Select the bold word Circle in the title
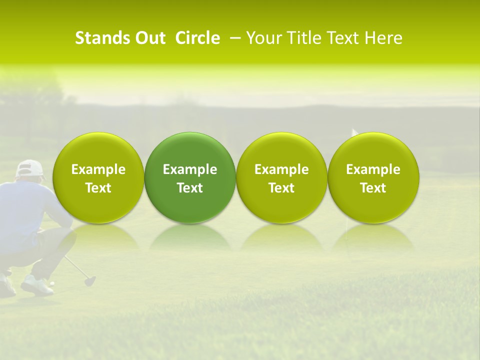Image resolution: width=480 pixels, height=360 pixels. pyautogui.click(x=197, y=38)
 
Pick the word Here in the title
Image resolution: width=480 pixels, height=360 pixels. pyautogui.click(x=382, y=38)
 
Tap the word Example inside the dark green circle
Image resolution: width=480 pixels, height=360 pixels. pyautogui.click(x=190, y=169)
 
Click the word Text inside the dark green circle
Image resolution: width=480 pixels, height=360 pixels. pyautogui.click(x=190, y=188)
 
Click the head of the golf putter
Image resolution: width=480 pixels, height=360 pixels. pyautogui.click(x=90, y=281)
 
